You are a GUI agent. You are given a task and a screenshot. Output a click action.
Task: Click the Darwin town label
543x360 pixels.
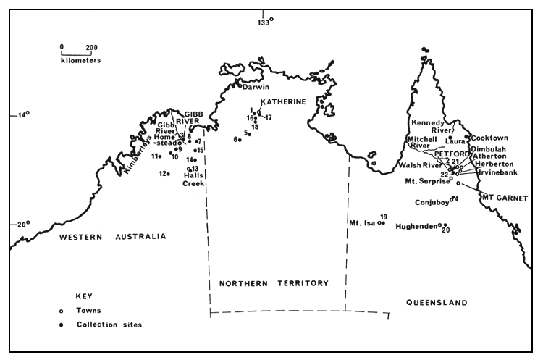pyautogui.click(x=256, y=87)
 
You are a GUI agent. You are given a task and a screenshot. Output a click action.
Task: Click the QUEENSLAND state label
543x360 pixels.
pyautogui.click(x=437, y=303)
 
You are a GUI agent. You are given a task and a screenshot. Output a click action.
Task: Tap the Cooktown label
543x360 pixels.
pyautogui.click(x=490, y=138)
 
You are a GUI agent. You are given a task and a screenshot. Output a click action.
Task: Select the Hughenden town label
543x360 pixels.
pyautogui.click(x=416, y=227)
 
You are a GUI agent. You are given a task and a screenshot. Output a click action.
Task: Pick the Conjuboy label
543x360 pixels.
pyautogui.click(x=432, y=203)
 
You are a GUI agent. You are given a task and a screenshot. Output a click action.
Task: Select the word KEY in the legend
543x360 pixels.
pyautogui.click(x=85, y=296)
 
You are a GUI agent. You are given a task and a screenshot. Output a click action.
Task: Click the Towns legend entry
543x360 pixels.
pyautogui.click(x=88, y=310)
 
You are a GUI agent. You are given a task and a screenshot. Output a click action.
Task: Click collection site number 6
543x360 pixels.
pyautogui.click(x=240, y=140)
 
